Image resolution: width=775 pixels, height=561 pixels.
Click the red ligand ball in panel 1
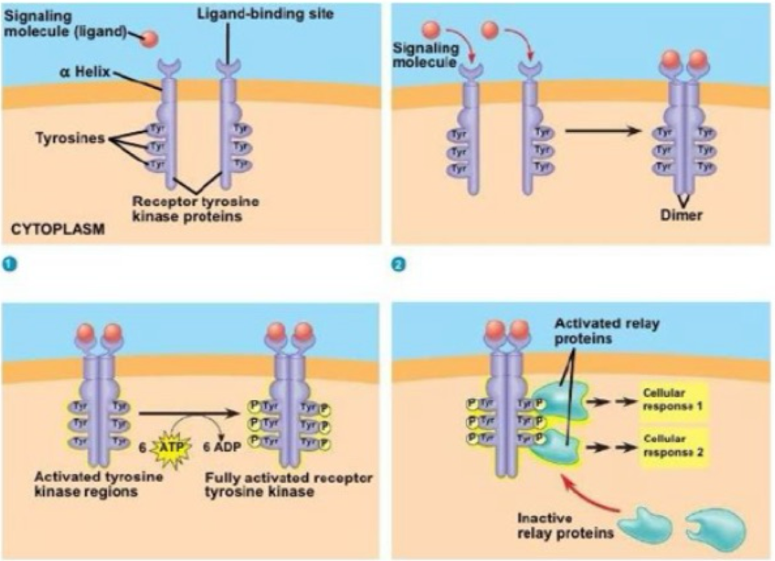tap(150, 39)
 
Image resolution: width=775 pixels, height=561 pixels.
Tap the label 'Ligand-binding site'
tap(265, 14)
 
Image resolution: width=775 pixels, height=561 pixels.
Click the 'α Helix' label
tap(85, 72)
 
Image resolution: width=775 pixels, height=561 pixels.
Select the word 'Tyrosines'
tap(70, 138)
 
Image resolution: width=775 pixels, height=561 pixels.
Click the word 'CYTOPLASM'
tap(58, 229)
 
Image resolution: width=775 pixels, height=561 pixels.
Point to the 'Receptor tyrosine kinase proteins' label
tap(195, 209)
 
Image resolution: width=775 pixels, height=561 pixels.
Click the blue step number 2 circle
tap(398, 264)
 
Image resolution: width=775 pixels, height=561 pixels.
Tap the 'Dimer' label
tap(681, 215)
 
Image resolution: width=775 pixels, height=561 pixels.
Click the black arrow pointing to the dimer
tap(602, 131)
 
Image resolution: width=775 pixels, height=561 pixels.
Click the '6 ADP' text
tap(222, 447)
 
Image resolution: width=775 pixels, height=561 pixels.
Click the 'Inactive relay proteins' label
tap(565, 526)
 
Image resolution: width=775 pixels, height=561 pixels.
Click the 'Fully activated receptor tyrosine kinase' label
tap(288, 485)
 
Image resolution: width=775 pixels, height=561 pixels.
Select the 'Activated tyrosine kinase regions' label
tap(99, 484)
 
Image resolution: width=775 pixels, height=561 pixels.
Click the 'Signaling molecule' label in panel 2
tap(425, 55)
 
